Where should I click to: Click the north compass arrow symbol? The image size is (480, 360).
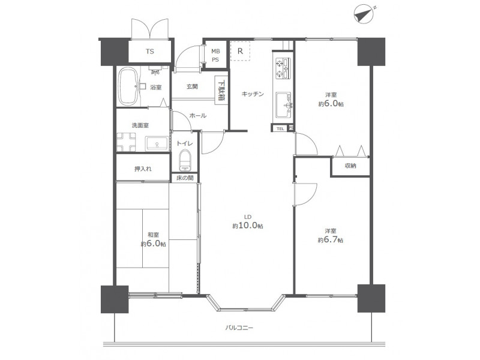pyautogui.click(x=364, y=14)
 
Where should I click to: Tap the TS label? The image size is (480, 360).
pyautogui.click(x=149, y=52)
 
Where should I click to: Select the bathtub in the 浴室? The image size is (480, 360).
pyautogui.click(x=128, y=86)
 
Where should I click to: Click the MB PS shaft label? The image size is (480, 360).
pyautogui.click(x=215, y=55)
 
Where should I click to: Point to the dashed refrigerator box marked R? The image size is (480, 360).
pyautogui.click(x=241, y=51)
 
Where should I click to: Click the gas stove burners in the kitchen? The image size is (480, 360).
pyautogui.click(x=282, y=69)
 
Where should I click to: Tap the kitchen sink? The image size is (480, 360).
pyautogui.click(x=284, y=104)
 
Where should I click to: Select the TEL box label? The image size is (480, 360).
pyautogui.click(x=280, y=128)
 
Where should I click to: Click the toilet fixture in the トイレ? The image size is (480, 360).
pyautogui.click(x=185, y=160)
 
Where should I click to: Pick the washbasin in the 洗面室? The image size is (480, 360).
pyautogui.click(x=157, y=143)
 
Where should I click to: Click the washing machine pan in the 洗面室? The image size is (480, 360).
pyautogui.click(x=126, y=142)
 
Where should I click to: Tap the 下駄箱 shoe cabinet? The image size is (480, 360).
pyautogui.click(x=221, y=91)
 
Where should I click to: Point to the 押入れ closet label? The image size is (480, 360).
pyautogui.click(x=143, y=169)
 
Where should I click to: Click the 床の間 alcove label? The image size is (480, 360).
pyautogui.click(x=185, y=178)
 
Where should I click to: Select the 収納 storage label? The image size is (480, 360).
pyautogui.click(x=350, y=166)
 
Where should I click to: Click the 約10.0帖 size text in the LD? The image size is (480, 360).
pyautogui.click(x=248, y=226)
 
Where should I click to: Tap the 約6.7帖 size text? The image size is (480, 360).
pyautogui.click(x=331, y=239)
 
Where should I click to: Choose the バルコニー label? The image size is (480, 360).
pyautogui.click(x=239, y=328)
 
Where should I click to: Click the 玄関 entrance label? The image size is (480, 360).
pyautogui.click(x=192, y=86)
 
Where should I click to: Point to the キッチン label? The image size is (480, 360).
pyautogui.click(x=253, y=94)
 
